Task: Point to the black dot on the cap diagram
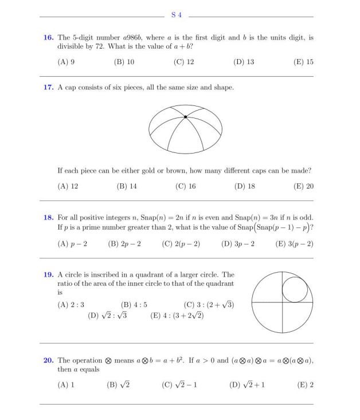click(185, 117)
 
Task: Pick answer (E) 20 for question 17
click(304, 186)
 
